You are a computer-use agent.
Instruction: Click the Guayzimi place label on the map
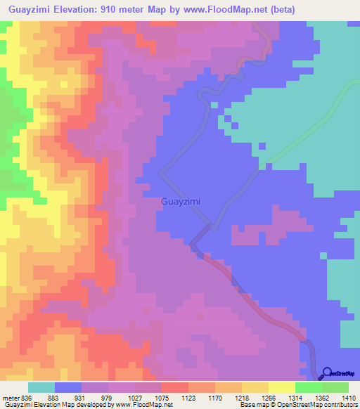pyautogui.click(x=181, y=201)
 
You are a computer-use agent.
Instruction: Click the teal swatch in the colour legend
pyautogui.click(x=41, y=387)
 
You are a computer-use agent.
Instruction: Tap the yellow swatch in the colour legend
pyautogui.click(x=282, y=387)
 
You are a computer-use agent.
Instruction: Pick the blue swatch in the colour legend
pyautogui.click(x=68, y=387)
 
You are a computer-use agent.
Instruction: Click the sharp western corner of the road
pyautogui.click(x=161, y=171)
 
